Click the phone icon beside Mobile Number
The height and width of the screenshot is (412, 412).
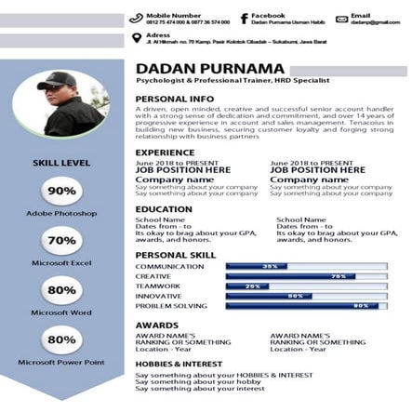click(x=136, y=18)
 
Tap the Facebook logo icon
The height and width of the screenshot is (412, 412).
click(x=244, y=18)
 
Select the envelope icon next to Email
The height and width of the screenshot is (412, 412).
click(x=341, y=19)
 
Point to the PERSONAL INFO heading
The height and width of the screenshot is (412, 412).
click(x=175, y=98)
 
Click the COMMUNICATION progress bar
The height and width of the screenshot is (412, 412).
click(x=306, y=266)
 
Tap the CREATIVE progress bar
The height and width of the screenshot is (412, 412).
click(x=306, y=276)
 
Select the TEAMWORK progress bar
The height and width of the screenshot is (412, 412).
click(x=306, y=286)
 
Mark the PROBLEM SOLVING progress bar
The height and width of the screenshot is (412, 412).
click(x=306, y=306)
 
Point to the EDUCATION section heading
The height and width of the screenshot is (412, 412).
click(x=164, y=209)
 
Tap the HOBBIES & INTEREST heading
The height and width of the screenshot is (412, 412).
click(x=179, y=364)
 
